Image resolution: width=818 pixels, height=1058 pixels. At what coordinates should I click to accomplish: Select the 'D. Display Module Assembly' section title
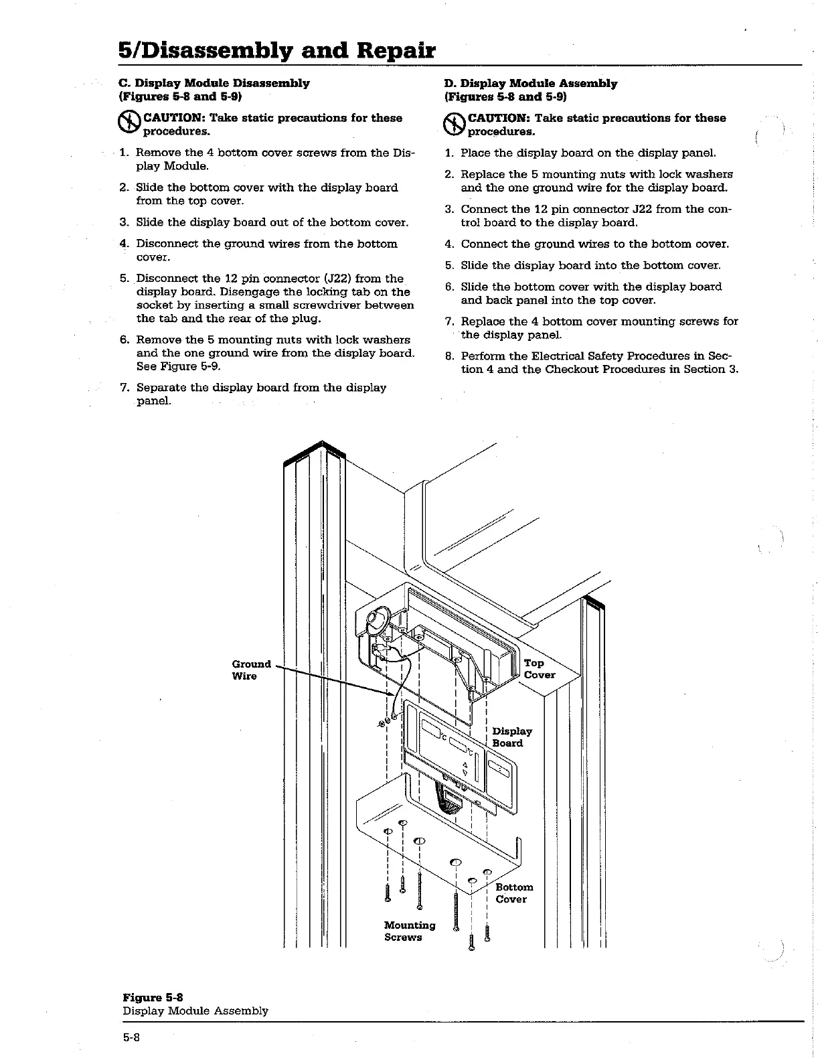point(530,83)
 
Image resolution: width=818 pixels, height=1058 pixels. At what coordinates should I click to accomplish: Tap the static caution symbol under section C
point(127,123)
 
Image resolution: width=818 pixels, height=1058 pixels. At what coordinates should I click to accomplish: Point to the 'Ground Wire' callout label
point(251,670)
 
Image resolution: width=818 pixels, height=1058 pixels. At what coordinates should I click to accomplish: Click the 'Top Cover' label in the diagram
point(539,668)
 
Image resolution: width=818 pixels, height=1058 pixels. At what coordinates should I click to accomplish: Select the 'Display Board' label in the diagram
point(511,737)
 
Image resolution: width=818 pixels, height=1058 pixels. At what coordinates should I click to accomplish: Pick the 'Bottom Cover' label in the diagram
point(513,893)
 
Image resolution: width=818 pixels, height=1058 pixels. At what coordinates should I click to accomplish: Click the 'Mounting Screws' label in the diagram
point(409,931)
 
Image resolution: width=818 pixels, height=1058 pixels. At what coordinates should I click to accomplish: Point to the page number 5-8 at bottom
point(131,1037)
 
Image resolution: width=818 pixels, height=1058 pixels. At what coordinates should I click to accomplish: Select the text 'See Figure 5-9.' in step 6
point(178,366)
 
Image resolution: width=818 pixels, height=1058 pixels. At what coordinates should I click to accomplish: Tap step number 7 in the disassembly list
point(124,388)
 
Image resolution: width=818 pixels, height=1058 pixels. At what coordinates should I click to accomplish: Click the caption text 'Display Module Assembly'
point(195,1010)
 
